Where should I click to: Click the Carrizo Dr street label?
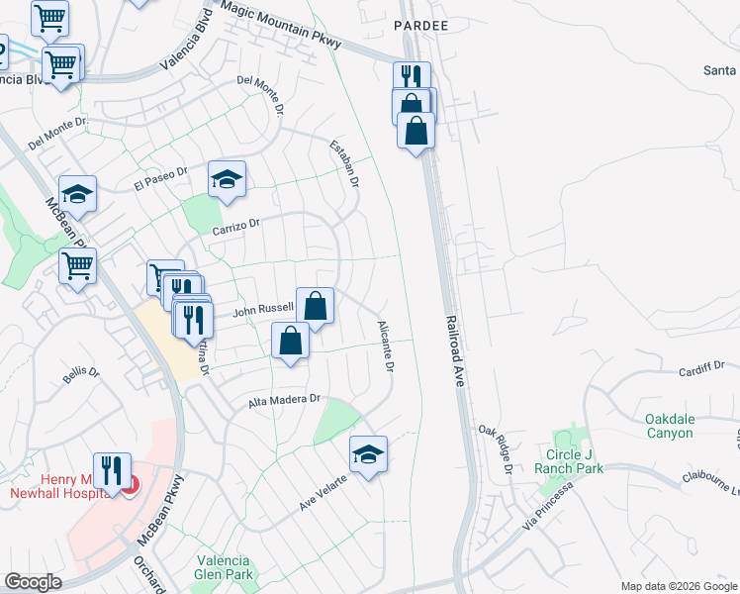(234, 227)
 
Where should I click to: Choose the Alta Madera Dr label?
(285, 400)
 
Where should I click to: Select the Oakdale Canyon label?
(683, 426)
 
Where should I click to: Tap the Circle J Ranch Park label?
(569, 461)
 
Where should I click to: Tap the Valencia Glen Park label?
(225, 566)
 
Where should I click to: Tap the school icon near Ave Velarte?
(369, 454)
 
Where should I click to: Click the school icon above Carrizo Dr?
(227, 179)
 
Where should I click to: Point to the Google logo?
(33, 582)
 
